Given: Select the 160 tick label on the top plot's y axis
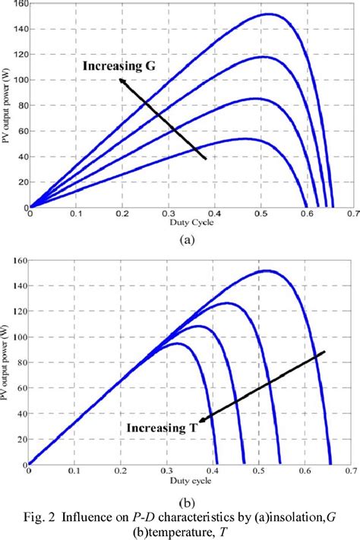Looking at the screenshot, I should (16, 4).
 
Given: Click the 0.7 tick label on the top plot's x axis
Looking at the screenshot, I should (353, 215).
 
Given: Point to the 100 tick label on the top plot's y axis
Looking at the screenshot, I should (16, 80).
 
